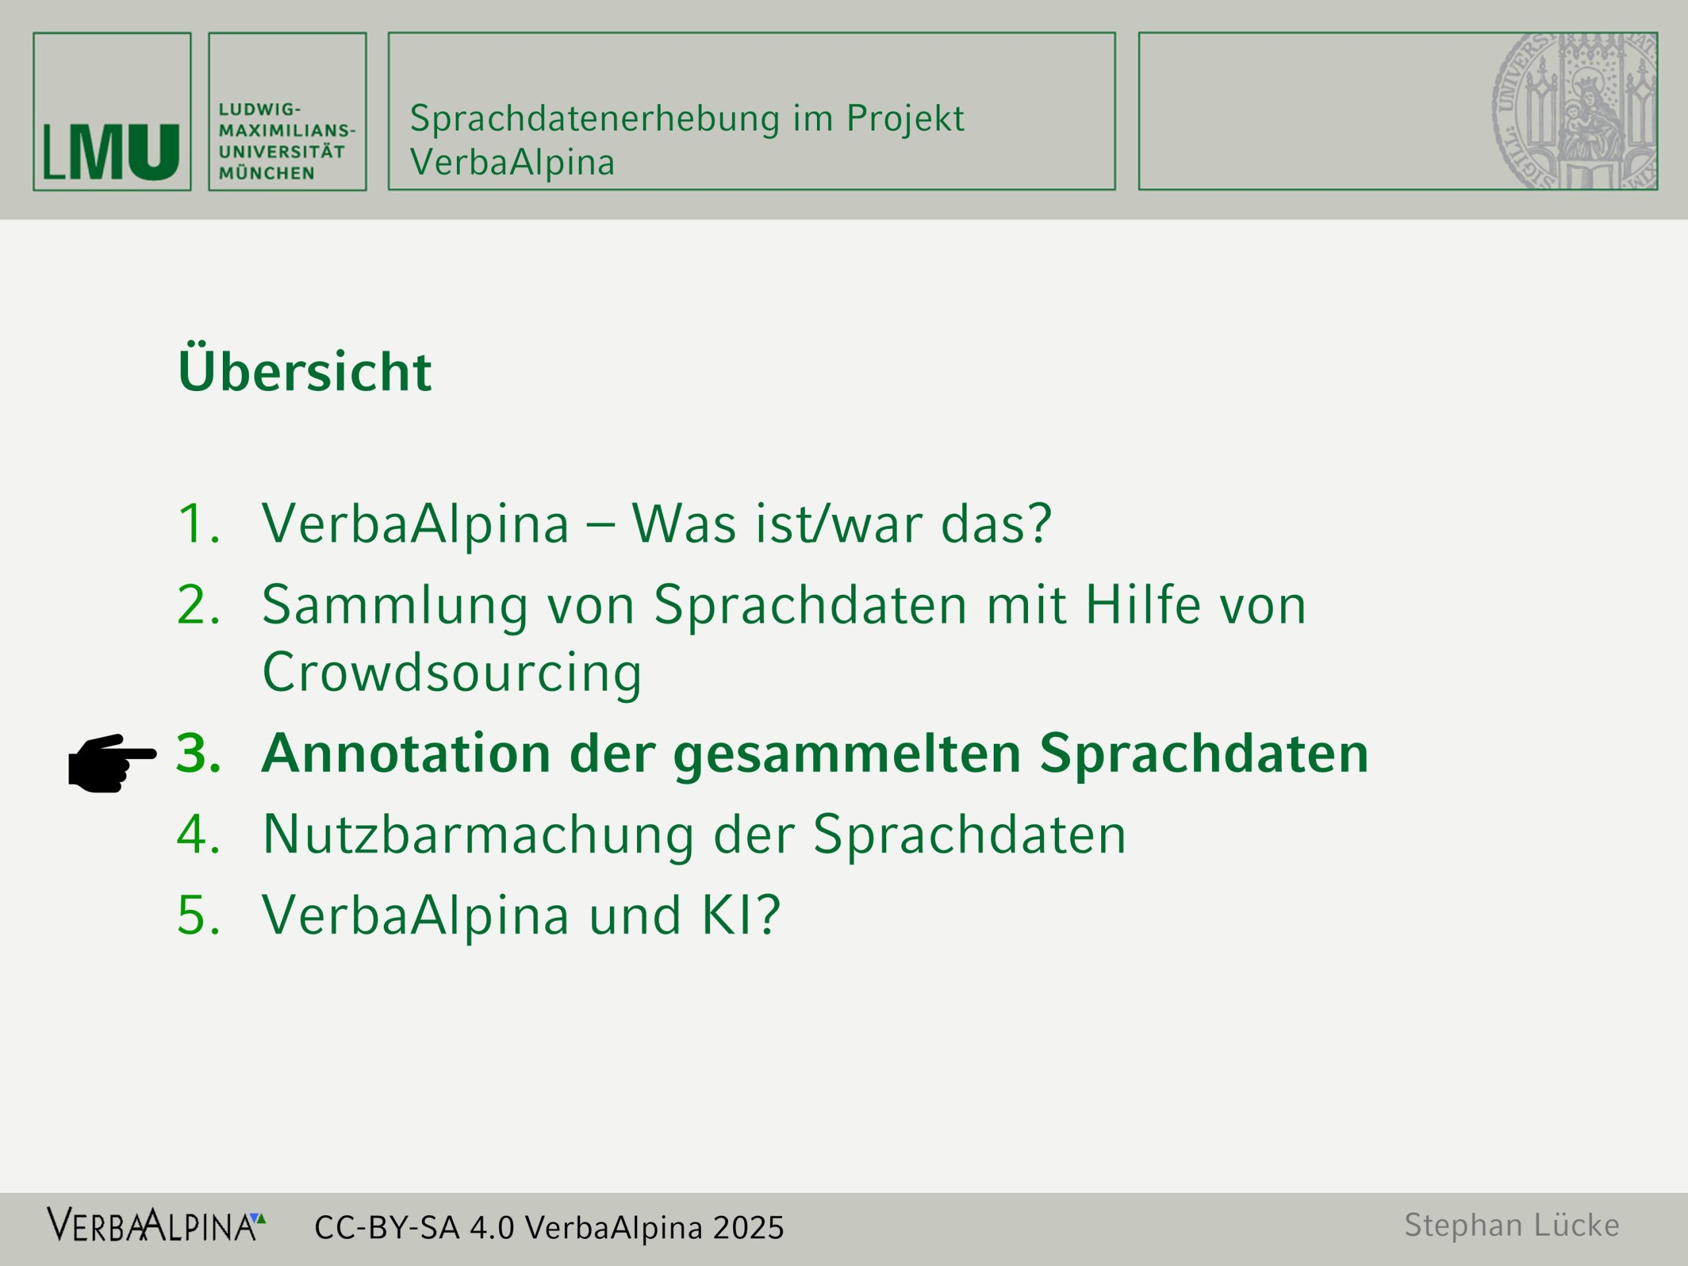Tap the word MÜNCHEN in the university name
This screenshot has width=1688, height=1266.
click(x=266, y=173)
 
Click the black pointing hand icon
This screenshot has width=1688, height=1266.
click(x=112, y=763)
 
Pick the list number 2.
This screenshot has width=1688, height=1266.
click(x=198, y=605)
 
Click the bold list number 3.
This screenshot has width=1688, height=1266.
click(x=199, y=752)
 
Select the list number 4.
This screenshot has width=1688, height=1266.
click(x=198, y=833)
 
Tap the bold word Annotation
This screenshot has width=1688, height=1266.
click(x=406, y=752)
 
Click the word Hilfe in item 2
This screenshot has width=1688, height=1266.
click(x=1143, y=603)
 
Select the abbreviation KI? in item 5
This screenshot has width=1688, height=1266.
click(x=741, y=914)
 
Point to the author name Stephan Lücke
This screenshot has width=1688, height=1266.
click(x=1512, y=1225)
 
